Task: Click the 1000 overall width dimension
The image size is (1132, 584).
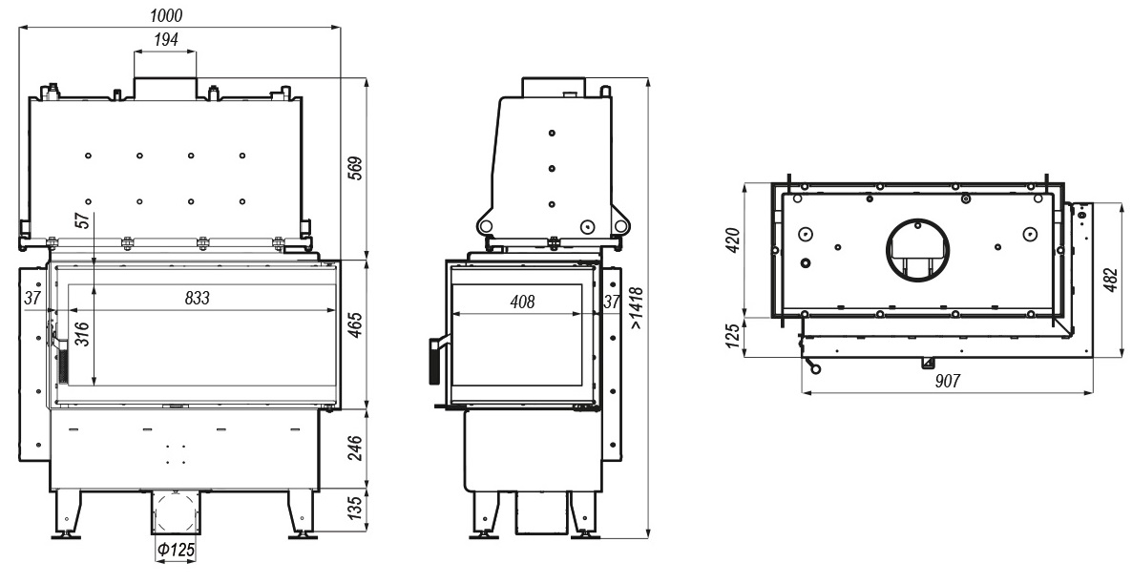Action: (167, 15)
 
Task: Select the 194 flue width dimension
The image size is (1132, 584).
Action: (166, 40)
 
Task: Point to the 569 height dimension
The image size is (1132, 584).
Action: (354, 168)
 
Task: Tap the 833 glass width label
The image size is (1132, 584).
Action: (197, 298)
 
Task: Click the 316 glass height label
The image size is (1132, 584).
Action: (83, 334)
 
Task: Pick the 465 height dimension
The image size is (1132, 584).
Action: (354, 324)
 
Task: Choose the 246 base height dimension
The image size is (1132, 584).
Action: (354, 448)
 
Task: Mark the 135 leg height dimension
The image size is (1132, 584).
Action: (354, 509)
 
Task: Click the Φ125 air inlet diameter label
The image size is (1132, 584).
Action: (177, 550)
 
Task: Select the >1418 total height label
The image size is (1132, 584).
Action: (636, 308)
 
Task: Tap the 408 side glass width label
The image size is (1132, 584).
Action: (523, 301)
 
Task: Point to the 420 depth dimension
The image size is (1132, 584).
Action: (732, 240)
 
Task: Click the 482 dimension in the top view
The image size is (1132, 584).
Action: (1111, 281)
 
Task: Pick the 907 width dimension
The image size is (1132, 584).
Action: (948, 381)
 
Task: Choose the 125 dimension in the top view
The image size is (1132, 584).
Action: (732, 337)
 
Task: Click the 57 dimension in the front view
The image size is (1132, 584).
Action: (83, 220)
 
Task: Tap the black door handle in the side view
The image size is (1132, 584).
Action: (434, 360)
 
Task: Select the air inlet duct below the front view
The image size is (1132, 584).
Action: (176, 512)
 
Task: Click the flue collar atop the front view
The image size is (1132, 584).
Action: (165, 89)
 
